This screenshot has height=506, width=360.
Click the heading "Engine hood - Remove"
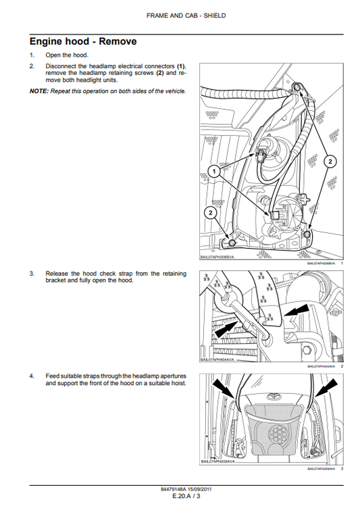coord(82,41)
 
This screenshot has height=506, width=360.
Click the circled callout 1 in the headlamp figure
coord(213,172)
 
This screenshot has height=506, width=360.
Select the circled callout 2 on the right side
coord(330,161)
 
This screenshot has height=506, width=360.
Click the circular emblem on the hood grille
coord(274,399)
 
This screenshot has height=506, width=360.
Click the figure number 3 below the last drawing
coord(342,469)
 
